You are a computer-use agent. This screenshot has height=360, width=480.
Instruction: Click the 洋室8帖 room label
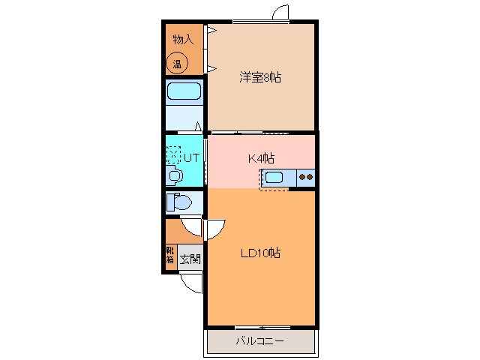[x=260, y=77]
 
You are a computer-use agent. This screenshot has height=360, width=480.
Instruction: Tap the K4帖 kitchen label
[x=261, y=158]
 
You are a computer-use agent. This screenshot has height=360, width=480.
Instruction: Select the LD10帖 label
[x=260, y=253]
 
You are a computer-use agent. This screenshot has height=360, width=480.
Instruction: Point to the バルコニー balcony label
[x=259, y=340]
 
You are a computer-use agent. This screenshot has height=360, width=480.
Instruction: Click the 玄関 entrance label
[x=190, y=259]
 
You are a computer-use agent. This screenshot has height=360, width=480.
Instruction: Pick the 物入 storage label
[x=183, y=39]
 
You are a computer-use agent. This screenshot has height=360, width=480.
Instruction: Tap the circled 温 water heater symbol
[x=178, y=64]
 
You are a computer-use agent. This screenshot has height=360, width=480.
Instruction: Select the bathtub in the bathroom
[x=184, y=92]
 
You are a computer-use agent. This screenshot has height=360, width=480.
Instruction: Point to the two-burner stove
[x=305, y=178]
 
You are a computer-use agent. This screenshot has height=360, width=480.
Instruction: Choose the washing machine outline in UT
[x=174, y=154]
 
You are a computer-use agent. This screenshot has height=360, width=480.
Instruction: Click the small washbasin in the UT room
[x=174, y=175]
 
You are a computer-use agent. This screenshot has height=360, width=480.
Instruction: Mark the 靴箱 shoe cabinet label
[x=170, y=255]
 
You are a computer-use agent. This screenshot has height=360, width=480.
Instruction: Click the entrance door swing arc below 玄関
[x=193, y=282]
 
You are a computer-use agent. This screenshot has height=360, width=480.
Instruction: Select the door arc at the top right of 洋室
[x=280, y=13]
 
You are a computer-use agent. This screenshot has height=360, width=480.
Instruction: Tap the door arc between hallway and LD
[x=213, y=227]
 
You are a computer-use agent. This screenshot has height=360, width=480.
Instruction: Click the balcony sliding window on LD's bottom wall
[x=260, y=327]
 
